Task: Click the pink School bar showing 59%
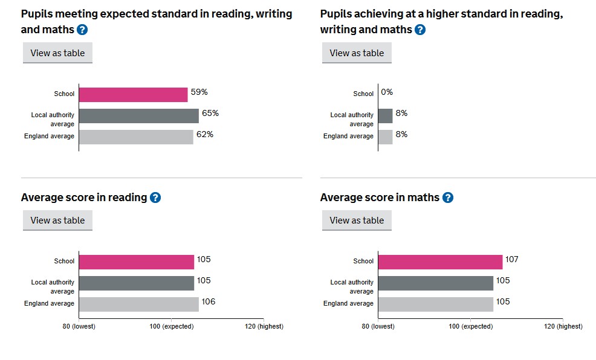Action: [x=133, y=95]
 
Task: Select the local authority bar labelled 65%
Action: [x=138, y=116]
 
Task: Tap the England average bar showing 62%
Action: [x=136, y=137]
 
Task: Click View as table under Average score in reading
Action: [x=57, y=220]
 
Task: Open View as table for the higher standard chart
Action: [x=357, y=53]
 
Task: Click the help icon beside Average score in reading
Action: [x=155, y=198]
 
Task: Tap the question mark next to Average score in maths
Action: [x=448, y=198]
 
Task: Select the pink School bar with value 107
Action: [x=440, y=262]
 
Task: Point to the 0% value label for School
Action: [x=387, y=92]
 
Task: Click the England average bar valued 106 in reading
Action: [x=138, y=304]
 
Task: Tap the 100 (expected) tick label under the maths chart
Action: [x=470, y=327]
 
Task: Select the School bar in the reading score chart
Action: [x=136, y=262]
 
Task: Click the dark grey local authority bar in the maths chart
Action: [x=435, y=283]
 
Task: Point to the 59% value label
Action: [x=199, y=92]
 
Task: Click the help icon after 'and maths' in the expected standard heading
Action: [x=82, y=30]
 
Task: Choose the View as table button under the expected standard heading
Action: [x=57, y=53]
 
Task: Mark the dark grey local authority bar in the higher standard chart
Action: [x=385, y=116]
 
